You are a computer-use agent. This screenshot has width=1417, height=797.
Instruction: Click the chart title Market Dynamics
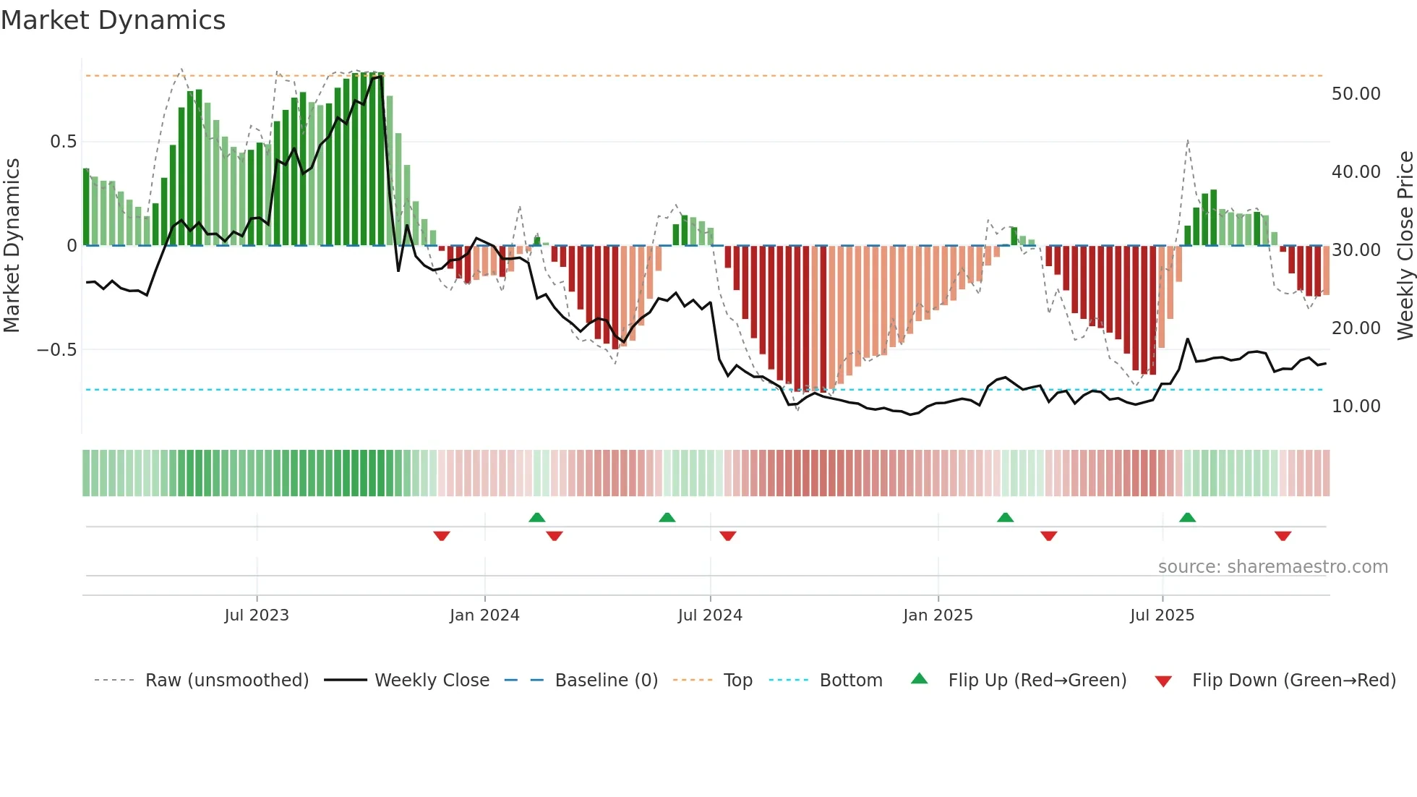coord(113,20)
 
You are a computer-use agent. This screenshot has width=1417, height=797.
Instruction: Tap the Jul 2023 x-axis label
coord(257,615)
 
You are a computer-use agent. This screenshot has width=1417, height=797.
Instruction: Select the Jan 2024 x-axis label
coord(484,615)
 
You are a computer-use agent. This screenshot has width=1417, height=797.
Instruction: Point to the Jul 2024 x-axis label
coord(710,615)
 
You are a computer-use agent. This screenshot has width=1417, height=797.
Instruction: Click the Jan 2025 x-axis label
coord(938,615)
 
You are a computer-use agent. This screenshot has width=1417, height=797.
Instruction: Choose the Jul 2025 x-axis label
coord(1162,615)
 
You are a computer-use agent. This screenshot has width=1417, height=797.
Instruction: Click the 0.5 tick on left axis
coord(63,142)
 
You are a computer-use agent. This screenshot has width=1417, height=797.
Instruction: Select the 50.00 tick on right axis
coord(1356,94)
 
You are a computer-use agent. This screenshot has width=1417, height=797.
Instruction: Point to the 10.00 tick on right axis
coord(1356,406)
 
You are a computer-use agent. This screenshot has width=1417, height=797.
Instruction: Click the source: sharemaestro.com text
coord(1272,567)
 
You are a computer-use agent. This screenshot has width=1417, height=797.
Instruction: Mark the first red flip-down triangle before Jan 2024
coord(442,536)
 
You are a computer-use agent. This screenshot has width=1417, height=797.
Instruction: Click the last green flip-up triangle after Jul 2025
coord(1187,517)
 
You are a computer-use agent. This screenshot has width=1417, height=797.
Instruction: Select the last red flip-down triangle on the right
coord(1283,536)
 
